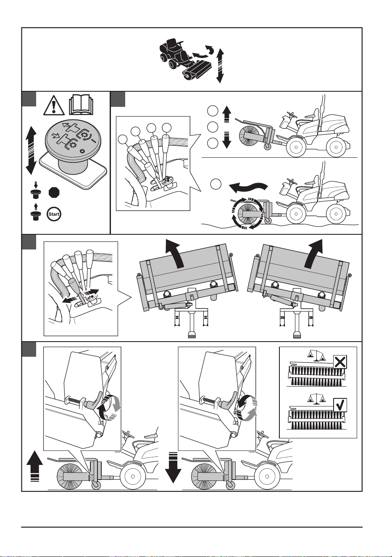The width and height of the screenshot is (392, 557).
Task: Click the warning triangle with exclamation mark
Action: coord(54,106)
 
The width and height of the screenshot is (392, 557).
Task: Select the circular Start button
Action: coord(54,214)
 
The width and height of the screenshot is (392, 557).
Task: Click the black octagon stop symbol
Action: coord(54,192)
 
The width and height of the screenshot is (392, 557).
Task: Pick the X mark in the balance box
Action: coord(340,362)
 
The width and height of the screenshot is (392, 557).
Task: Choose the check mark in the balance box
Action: coord(340,405)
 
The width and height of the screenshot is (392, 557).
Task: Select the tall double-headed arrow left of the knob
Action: coord(31,150)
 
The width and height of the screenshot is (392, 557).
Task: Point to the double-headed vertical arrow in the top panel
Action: coord(220,66)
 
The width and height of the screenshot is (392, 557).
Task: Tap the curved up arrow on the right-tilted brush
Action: coord(314,253)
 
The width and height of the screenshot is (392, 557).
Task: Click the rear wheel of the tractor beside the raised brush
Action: coord(336,147)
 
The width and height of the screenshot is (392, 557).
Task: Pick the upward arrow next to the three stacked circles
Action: coord(226,114)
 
